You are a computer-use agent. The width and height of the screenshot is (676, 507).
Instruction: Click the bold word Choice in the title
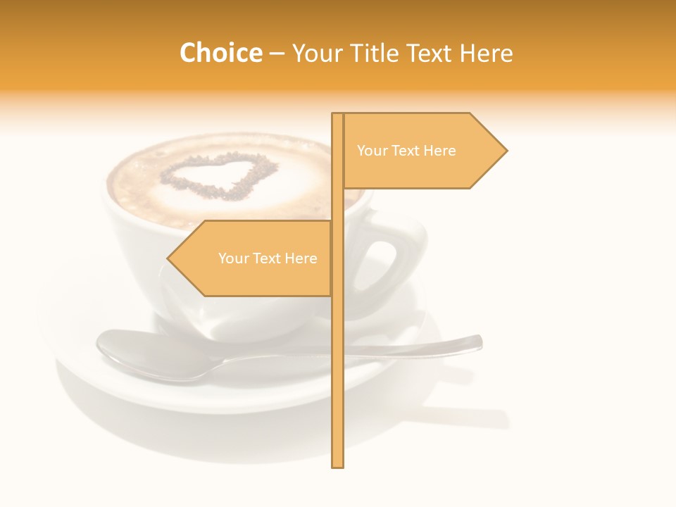point(220,53)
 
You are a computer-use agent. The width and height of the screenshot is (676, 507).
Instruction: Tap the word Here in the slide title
point(486,53)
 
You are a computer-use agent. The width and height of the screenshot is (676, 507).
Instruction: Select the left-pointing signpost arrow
point(254,258)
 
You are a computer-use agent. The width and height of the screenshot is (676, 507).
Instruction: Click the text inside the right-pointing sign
point(406,151)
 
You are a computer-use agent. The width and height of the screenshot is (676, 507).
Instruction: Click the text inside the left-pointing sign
point(268,258)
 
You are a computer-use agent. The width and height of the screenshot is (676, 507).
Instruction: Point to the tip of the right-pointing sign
point(506,151)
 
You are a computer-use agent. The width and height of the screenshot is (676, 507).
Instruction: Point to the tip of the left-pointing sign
point(168,258)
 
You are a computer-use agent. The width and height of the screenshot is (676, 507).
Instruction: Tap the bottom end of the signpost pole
point(338,465)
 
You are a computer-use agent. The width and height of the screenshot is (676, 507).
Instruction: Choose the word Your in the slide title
point(315,53)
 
